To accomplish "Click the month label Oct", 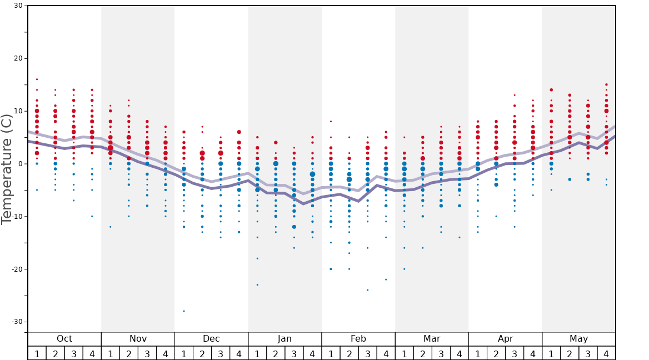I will pos(64,339).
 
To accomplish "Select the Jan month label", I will pos(284,339).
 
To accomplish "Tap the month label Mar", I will pos(432,339).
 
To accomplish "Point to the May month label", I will pos(578,339).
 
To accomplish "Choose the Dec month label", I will pos(211,339).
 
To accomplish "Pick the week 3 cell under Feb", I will pos(367,353).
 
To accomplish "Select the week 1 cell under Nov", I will pos(111,353).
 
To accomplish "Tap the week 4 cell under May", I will pos(606,353).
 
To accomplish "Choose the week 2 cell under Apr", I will pos(496,353).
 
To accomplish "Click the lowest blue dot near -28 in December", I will pos(184,311).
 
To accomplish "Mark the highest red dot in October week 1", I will pos(37,79).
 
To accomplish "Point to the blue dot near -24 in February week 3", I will pos(367,290).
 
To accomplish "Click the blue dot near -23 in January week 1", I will pos(257,285).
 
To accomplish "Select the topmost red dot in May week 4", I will pos(606,84).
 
